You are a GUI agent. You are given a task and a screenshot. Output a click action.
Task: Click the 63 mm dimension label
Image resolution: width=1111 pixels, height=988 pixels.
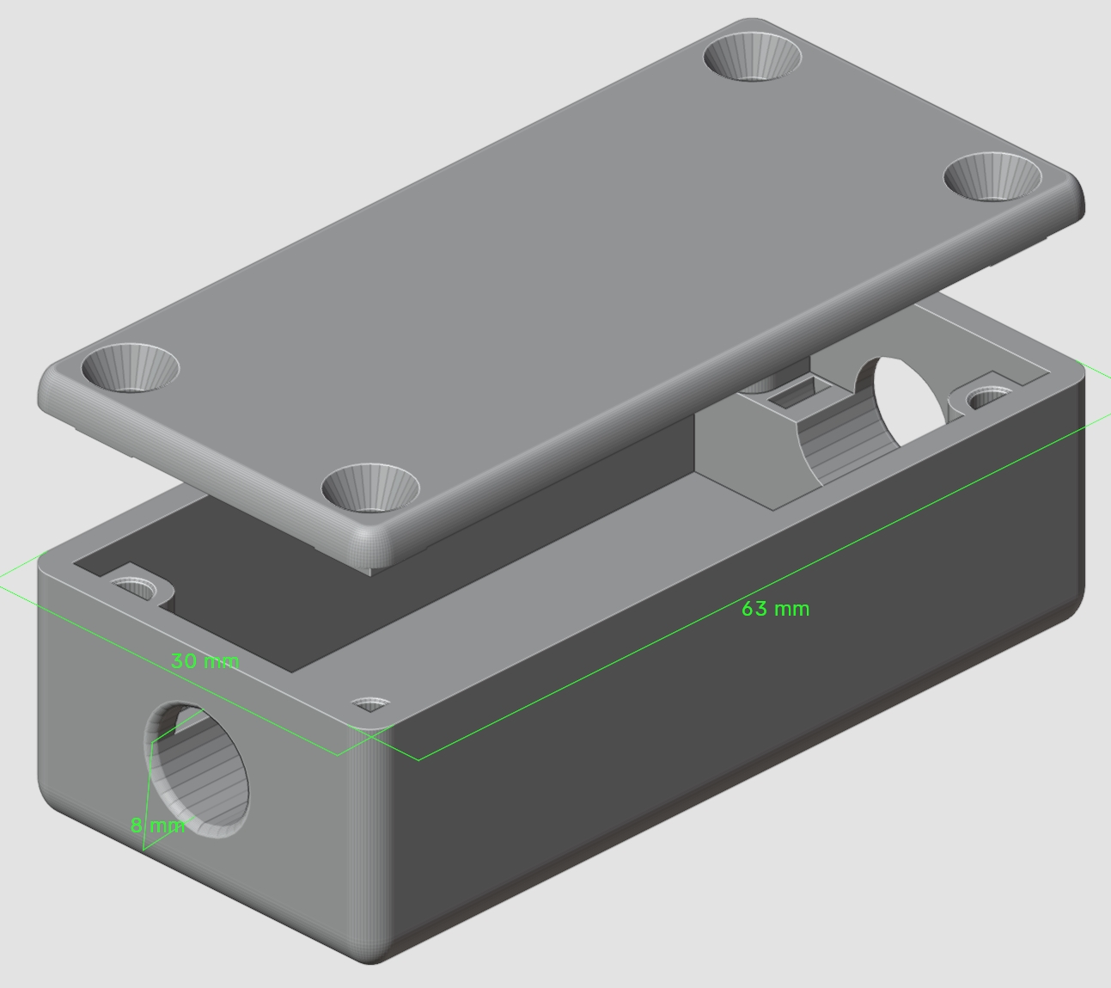(775, 609)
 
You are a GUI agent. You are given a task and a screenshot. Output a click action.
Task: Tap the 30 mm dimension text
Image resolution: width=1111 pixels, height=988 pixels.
(204, 661)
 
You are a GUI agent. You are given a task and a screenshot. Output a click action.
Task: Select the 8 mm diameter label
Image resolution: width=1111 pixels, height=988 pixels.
(157, 825)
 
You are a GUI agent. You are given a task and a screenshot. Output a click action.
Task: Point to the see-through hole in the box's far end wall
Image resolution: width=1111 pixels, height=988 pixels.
(907, 400)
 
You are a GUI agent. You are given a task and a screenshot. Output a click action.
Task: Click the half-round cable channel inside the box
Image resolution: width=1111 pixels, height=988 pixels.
(838, 447)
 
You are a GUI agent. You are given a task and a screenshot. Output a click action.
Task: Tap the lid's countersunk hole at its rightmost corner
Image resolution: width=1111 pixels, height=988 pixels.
(992, 177)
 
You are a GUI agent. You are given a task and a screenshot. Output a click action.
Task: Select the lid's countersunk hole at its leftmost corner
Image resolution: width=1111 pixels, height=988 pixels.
(130, 368)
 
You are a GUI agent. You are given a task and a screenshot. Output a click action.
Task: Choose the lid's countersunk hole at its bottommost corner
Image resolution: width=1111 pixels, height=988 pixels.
(370, 488)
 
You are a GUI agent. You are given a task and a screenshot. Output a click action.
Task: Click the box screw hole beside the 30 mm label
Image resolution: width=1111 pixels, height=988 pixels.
(370, 705)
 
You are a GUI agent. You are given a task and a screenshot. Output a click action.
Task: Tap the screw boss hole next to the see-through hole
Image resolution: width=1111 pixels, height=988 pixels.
(987, 398)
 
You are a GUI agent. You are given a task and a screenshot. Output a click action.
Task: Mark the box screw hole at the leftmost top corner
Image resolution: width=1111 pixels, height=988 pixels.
(135, 589)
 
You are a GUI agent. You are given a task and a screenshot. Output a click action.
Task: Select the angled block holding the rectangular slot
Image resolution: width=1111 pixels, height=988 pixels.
(748, 447)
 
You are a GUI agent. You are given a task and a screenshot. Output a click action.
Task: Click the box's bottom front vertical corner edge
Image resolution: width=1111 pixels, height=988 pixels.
(371, 860)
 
